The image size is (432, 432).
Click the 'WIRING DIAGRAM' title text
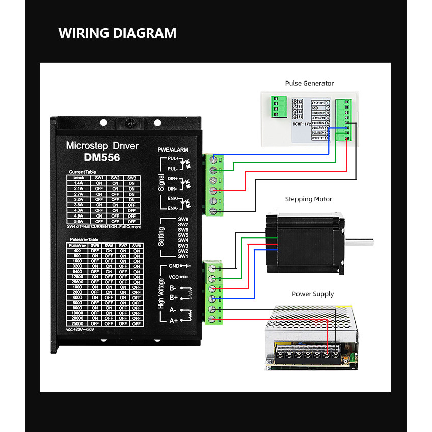click(x=117, y=33)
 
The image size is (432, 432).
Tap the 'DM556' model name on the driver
click(x=102, y=158)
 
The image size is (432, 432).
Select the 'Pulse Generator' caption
click(x=309, y=83)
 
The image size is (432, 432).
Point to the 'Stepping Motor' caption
click(x=308, y=199)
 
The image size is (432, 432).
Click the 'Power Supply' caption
click(x=313, y=294)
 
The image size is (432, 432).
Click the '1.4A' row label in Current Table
click(x=78, y=183)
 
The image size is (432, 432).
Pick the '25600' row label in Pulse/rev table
click(x=77, y=281)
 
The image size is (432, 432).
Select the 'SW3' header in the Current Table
click(x=131, y=178)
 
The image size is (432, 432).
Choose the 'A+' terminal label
click(x=173, y=320)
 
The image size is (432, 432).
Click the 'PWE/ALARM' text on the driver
click(x=173, y=150)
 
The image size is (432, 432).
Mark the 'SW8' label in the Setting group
click(x=183, y=219)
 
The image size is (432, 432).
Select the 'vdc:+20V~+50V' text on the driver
click(x=80, y=329)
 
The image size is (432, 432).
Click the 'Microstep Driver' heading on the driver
click(x=102, y=146)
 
